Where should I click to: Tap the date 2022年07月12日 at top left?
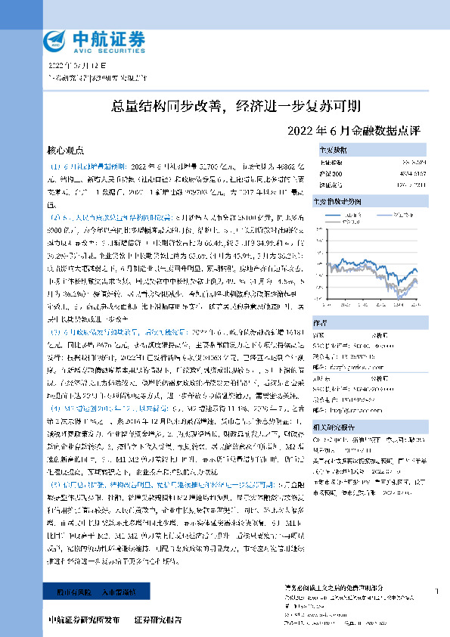(x=72, y=67)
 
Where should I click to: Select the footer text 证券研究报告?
(x=158, y=620)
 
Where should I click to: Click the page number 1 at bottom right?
(x=437, y=591)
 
